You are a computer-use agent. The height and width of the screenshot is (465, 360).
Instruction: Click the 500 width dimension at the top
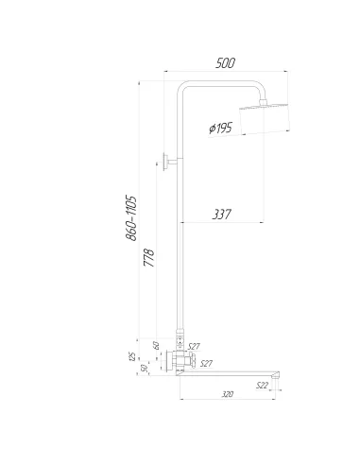pyautogui.click(x=225, y=63)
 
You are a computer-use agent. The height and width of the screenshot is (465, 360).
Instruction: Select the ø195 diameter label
pyautogui.click(x=221, y=128)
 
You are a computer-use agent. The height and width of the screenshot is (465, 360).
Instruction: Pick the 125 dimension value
pyautogui.click(x=133, y=357)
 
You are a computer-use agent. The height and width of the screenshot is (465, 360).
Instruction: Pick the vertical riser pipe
pyautogui.click(x=180, y=236)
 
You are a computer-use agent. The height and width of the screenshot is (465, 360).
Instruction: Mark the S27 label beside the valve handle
pyautogui.click(x=207, y=364)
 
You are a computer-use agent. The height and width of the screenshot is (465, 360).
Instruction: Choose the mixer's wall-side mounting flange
pyautogui.click(x=167, y=360)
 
